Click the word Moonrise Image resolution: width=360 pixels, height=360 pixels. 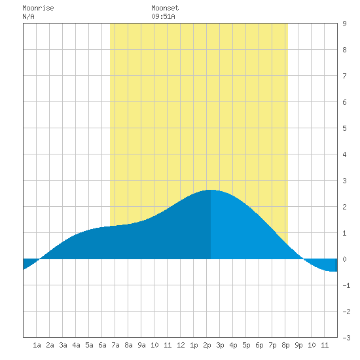click(38, 8)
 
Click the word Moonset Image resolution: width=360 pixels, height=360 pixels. click(165, 8)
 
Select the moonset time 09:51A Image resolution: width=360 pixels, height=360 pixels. click(163, 16)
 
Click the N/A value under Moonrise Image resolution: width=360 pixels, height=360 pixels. click(28, 16)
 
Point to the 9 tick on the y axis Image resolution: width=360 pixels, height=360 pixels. click(344, 24)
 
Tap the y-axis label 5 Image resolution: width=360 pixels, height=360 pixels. click(344, 128)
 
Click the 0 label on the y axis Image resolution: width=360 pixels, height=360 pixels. click(344, 259)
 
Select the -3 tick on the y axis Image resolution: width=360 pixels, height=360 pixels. click(346, 338)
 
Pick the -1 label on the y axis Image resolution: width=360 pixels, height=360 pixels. click(346, 285)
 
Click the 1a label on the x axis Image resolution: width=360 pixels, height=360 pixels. click(37, 345)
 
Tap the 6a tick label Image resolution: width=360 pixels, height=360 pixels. click(102, 345)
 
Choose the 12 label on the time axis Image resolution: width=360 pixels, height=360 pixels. click(181, 345)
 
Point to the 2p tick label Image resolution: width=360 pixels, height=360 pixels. click(207, 345)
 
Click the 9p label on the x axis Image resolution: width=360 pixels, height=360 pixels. click(298, 345)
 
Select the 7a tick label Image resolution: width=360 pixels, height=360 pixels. click(115, 345)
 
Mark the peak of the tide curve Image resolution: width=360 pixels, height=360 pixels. click(211, 190)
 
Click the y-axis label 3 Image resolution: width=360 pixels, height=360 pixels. click(344, 181)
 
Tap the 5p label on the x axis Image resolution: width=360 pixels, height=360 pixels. click(246, 345)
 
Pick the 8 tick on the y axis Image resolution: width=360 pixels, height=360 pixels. click(344, 50)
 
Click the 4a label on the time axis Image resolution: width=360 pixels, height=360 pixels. click(76, 345)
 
